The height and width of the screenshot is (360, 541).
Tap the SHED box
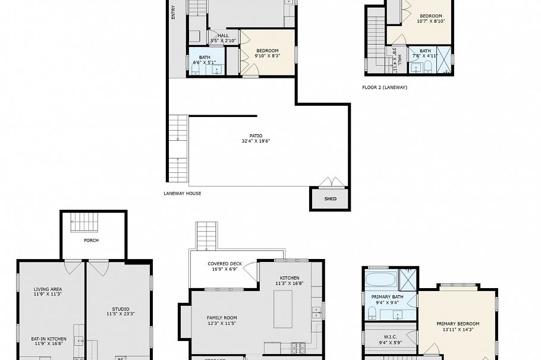[330, 199]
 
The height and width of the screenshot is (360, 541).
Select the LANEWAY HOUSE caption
[183, 193]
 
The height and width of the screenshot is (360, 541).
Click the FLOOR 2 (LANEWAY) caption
[385, 87]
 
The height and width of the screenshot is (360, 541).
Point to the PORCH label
[91, 241]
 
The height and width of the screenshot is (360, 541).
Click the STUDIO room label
[118, 311]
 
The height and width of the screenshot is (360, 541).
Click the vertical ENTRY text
[174, 12]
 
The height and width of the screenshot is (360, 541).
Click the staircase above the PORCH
[84, 222]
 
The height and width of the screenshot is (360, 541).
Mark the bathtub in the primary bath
[380, 279]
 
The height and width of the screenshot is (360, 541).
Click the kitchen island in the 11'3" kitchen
[283, 309]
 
